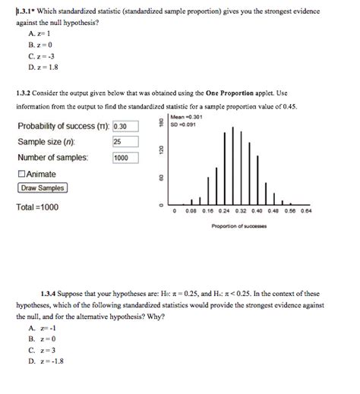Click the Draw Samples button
[x=43, y=188]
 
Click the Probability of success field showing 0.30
[x=125, y=126]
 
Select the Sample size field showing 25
[x=125, y=142]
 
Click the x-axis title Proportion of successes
[x=237, y=226]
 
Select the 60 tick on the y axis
[x=159, y=179]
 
